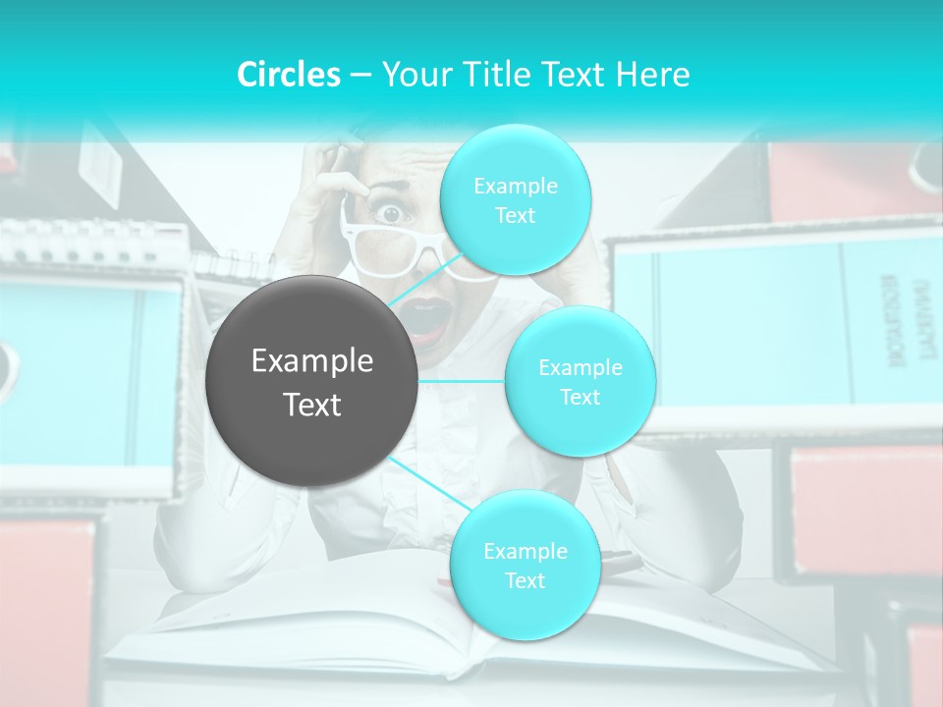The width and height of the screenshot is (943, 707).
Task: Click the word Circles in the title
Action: (288, 75)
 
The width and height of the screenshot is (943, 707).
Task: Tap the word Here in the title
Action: (652, 75)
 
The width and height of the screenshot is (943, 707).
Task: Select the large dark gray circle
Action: (311, 381)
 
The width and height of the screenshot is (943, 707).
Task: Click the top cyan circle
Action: (515, 200)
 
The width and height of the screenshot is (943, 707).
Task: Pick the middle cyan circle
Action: (580, 381)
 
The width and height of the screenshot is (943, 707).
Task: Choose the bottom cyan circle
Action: (525, 565)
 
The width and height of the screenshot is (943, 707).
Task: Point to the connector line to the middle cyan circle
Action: (461, 380)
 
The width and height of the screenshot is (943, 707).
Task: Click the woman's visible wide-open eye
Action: (391, 212)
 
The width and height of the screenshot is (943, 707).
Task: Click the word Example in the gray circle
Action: (312, 361)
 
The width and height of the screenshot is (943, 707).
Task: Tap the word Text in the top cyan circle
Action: (515, 215)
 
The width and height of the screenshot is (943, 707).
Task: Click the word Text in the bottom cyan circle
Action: (525, 580)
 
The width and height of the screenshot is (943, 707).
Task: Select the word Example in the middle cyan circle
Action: (580, 367)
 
